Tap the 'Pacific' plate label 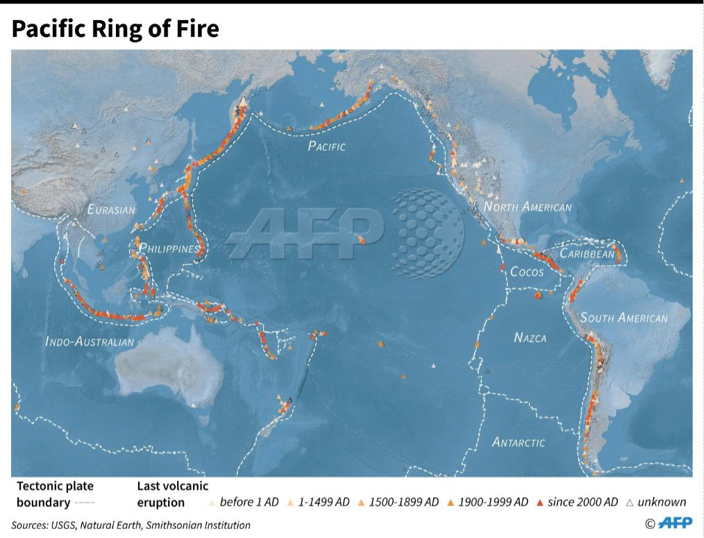[x=326, y=146]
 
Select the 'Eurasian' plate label [x=111, y=210]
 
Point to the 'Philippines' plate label [x=169, y=249]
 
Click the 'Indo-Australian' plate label [x=90, y=342]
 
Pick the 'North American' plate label [x=528, y=207]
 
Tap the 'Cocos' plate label [x=527, y=272]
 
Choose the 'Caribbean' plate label [x=587, y=254]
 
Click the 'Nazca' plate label [x=530, y=338]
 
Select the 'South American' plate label [x=623, y=318]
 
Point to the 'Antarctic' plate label [x=519, y=442]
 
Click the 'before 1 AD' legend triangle [x=212, y=502]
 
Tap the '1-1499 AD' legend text [x=324, y=502]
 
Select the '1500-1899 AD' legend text [x=404, y=502]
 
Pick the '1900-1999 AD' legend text [x=493, y=502]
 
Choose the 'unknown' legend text [x=662, y=502]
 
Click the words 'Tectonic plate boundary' [x=55, y=494]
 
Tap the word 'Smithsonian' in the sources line [x=174, y=526]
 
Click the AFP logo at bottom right [x=674, y=523]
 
